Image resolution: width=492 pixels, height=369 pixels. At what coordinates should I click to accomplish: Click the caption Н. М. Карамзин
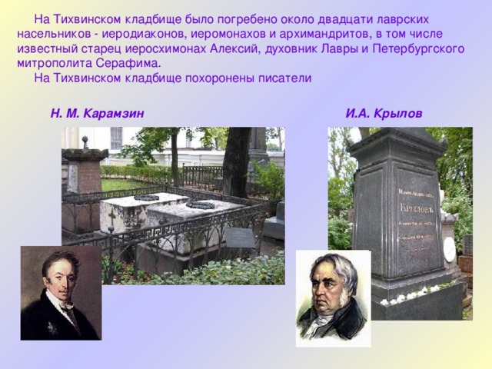[x=97, y=114]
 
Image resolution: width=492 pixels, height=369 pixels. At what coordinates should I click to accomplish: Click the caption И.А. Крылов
[x=384, y=114]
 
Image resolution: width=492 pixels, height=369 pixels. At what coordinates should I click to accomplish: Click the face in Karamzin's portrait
[x=58, y=281]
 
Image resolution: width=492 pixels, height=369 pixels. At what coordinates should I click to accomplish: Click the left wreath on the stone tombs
[x=145, y=198]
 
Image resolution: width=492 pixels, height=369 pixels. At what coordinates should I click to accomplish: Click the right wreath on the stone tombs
[x=200, y=204]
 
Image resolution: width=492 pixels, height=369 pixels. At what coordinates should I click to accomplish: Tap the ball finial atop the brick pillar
[x=85, y=142]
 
